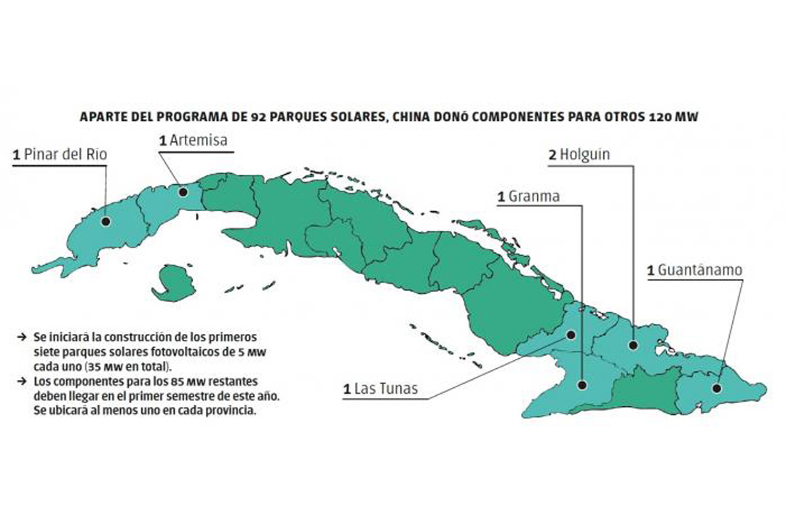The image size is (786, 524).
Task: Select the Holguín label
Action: [x=579, y=154]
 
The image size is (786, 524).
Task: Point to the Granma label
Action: [x=528, y=196]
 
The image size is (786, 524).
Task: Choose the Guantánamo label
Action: [x=694, y=270]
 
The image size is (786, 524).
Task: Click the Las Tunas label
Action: [x=381, y=389]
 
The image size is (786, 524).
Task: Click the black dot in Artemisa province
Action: [x=183, y=192]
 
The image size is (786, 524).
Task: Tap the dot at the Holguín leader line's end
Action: [x=633, y=346]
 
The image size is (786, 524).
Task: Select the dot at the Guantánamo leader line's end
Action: [x=716, y=388]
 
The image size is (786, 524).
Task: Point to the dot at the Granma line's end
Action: [x=582, y=384]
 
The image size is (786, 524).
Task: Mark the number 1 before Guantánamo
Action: [x=651, y=271]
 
